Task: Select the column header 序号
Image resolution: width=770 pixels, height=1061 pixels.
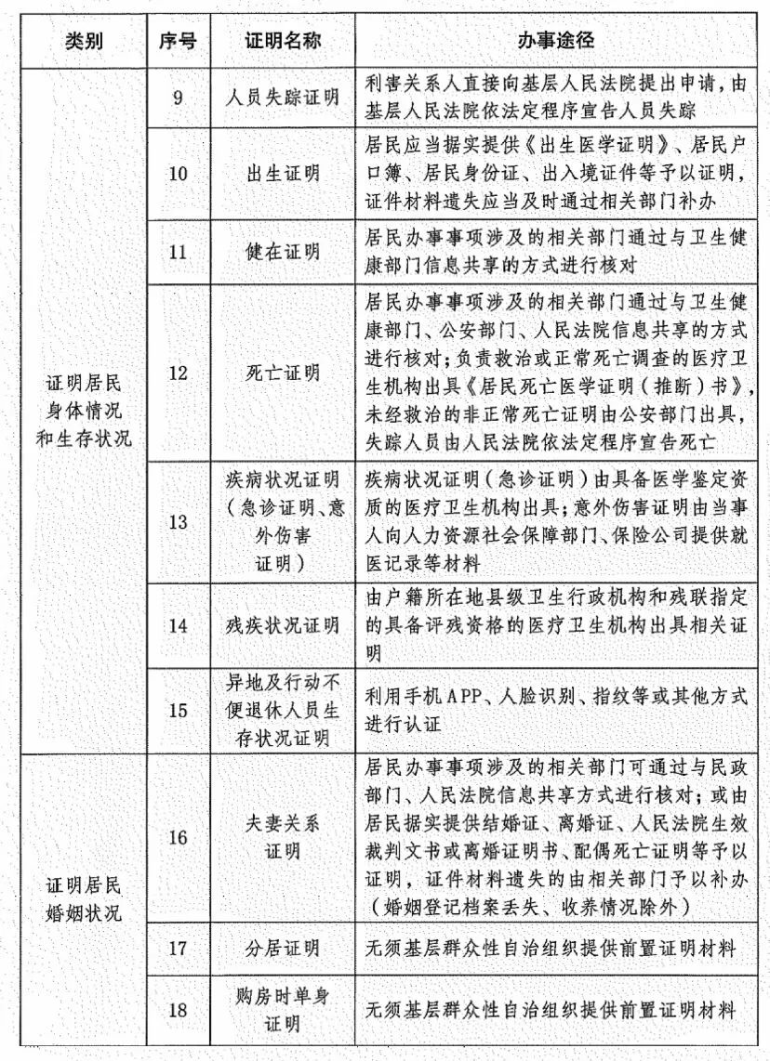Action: tap(178, 42)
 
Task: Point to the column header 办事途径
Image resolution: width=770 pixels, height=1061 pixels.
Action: tap(556, 42)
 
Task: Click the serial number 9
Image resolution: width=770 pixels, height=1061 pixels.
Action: tap(178, 96)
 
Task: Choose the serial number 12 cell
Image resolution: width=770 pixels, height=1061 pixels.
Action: tap(178, 373)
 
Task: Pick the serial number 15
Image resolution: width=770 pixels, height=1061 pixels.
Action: tap(178, 709)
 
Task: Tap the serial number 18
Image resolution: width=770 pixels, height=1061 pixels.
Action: tap(178, 1008)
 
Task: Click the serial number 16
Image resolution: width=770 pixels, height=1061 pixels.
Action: tap(178, 837)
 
